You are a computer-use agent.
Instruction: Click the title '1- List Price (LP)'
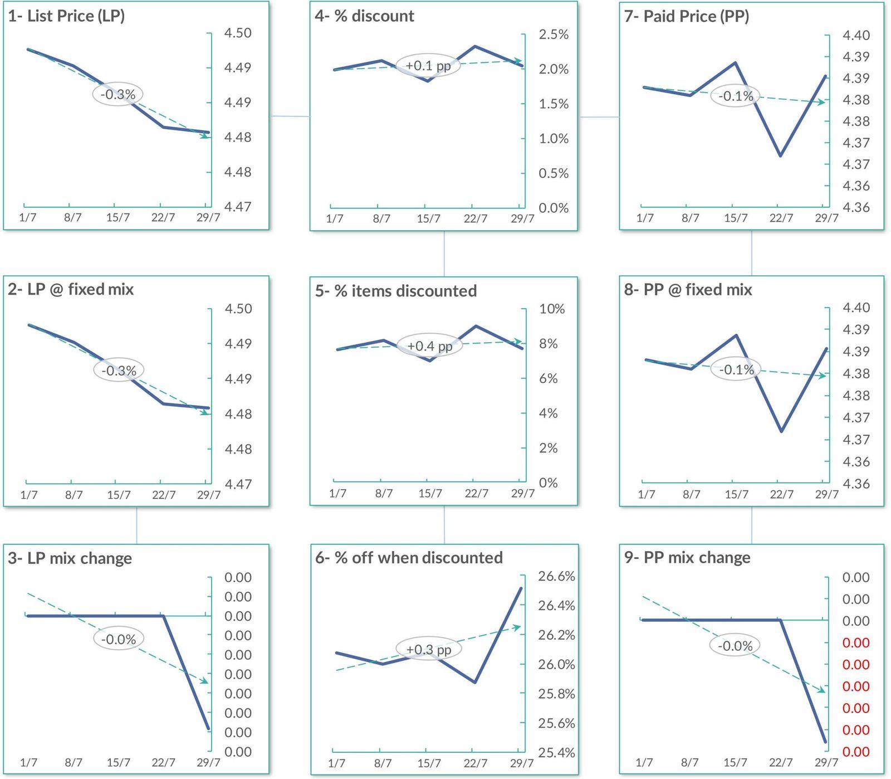[x=66, y=16]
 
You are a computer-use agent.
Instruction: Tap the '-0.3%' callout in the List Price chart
[x=118, y=94]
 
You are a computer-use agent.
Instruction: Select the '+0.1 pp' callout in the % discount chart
[x=428, y=65]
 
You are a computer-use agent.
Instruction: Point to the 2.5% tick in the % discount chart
[x=554, y=35]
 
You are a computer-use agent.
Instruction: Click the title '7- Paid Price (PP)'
[x=687, y=16]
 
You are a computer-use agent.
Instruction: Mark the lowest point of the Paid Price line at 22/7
[x=781, y=155]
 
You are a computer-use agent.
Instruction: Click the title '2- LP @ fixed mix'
[x=71, y=289]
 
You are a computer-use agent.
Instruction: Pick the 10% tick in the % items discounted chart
[x=552, y=309]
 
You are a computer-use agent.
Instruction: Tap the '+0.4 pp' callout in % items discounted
[x=429, y=346]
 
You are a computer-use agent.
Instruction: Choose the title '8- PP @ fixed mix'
[x=688, y=290]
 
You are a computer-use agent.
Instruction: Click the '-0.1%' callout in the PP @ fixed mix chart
[x=736, y=369]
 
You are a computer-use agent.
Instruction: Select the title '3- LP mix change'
[x=70, y=558]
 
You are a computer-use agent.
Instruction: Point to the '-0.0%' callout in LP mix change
[x=119, y=639]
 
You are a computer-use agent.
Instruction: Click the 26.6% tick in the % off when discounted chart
[x=556, y=576]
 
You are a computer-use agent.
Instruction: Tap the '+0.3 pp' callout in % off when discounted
[x=429, y=649]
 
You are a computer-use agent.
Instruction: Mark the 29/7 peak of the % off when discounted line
[x=521, y=588]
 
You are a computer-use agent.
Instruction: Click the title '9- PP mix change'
[x=687, y=558]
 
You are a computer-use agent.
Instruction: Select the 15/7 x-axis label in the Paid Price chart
[x=736, y=218]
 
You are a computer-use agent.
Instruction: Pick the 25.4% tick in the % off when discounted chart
[x=556, y=753]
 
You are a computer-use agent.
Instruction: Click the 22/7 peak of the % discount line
[x=475, y=46]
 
